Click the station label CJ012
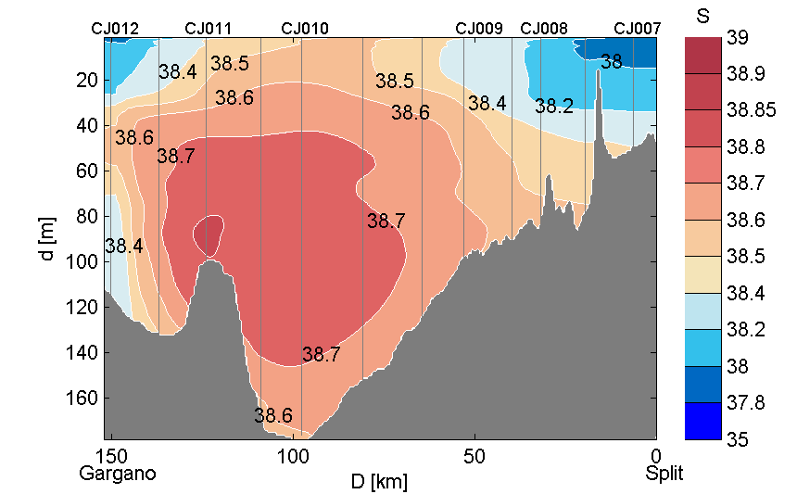click(115, 29)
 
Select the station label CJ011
click(209, 29)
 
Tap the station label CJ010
click(305, 29)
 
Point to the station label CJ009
click(479, 29)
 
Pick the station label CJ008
click(545, 29)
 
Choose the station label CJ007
click(638, 29)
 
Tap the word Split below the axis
click(664, 473)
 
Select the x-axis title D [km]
click(379, 481)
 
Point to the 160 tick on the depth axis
click(86, 398)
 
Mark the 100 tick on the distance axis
click(294, 456)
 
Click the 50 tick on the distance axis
click(474, 456)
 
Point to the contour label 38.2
click(554, 107)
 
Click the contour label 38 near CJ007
click(612, 62)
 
